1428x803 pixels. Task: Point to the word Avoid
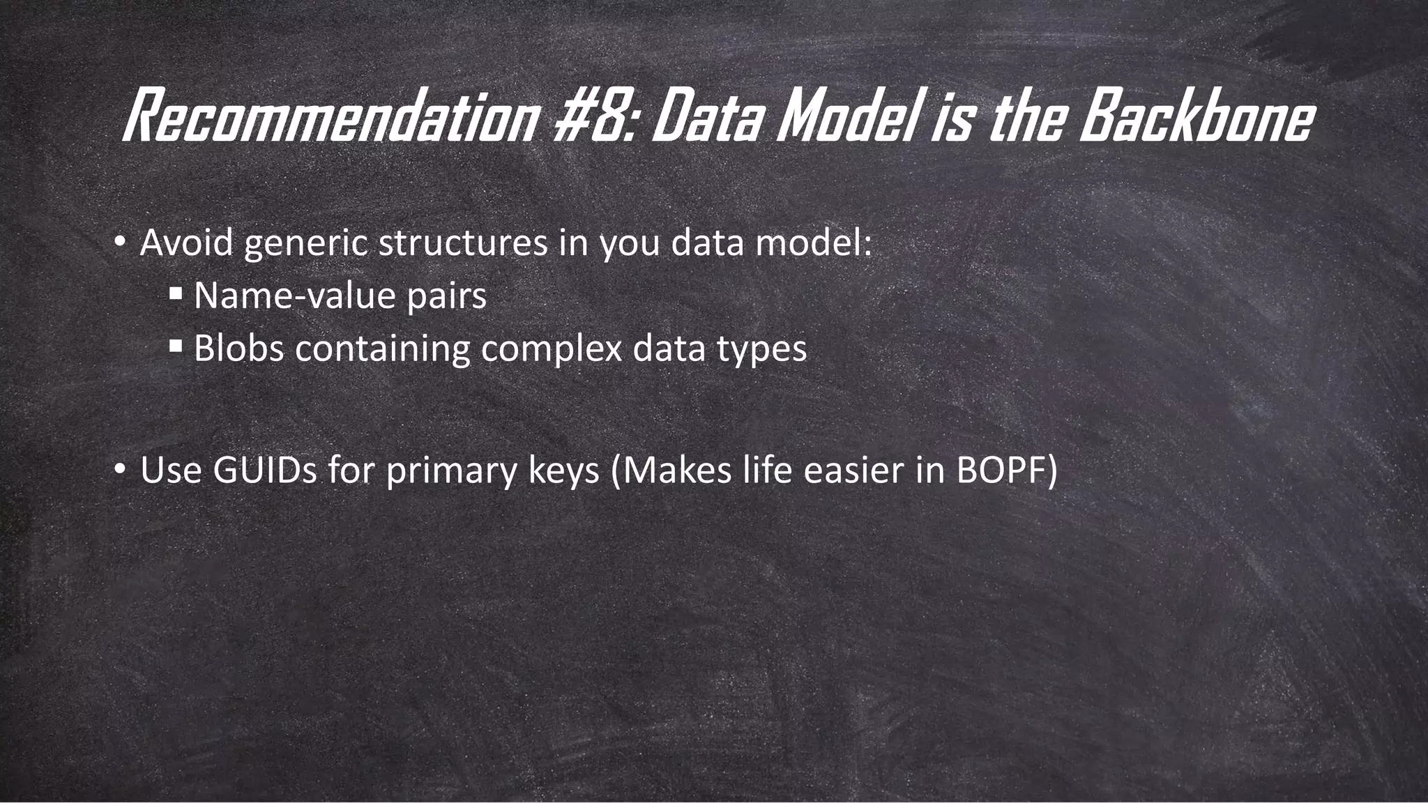[186, 243]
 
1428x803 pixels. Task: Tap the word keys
[563, 471]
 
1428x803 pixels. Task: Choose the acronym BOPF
[1001, 470]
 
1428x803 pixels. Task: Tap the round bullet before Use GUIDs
[119, 471]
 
